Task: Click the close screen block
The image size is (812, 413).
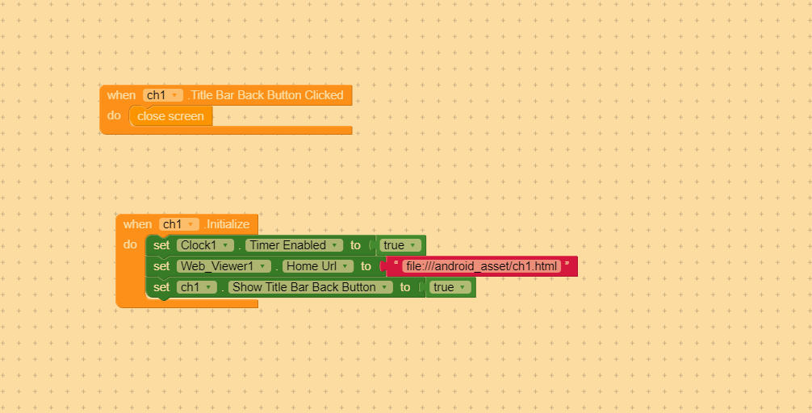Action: tap(170, 116)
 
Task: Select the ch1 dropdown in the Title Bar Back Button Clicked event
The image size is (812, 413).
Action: tap(162, 95)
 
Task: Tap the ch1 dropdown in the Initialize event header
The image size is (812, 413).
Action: tap(178, 224)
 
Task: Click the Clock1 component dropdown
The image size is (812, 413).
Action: tap(205, 245)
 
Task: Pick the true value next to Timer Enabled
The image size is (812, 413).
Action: tap(400, 245)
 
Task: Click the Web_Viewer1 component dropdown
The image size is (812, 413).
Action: tap(224, 266)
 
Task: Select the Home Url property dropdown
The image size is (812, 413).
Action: tap(318, 266)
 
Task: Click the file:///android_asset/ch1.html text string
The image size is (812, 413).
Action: tap(482, 266)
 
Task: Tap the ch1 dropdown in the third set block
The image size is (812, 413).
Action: tap(197, 287)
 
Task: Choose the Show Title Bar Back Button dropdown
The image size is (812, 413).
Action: tap(310, 287)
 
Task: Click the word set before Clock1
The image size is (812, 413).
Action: tap(161, 245)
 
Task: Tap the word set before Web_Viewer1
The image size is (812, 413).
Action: tap(161, 266)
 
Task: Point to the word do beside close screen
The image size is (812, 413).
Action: tap(114, 115)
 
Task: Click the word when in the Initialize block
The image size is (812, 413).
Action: tap(137, 224)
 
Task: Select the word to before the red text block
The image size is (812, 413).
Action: tap(366, 266)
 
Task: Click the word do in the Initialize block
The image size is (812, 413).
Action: tap(130, 244)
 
